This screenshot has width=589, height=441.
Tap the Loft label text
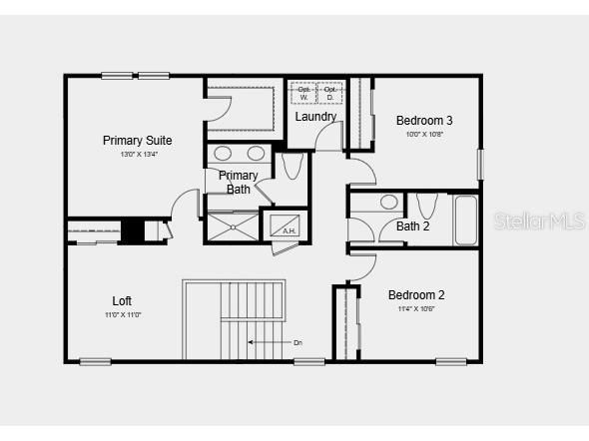(122, 300)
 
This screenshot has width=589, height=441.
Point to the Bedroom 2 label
(416, 294)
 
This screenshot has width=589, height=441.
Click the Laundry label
(315, 117)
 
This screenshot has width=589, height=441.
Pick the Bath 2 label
(412, 226)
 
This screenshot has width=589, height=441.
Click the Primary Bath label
(239, 182)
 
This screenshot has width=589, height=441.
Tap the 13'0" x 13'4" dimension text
(139, 155)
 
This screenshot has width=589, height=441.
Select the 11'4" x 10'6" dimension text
(416, 308)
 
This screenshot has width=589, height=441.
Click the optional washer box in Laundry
(303, 92)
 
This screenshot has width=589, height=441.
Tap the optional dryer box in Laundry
(330, 92)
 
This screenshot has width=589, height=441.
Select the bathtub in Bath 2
(465, 220)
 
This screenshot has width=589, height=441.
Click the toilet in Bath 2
(426, 207)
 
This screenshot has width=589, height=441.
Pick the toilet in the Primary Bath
(293, 166)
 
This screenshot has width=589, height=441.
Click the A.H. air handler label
(290, 231)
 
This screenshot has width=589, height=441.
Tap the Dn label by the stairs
(297, 342)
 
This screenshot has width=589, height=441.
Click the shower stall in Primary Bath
(231, 224)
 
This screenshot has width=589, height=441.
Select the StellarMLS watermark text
(539, 220)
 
